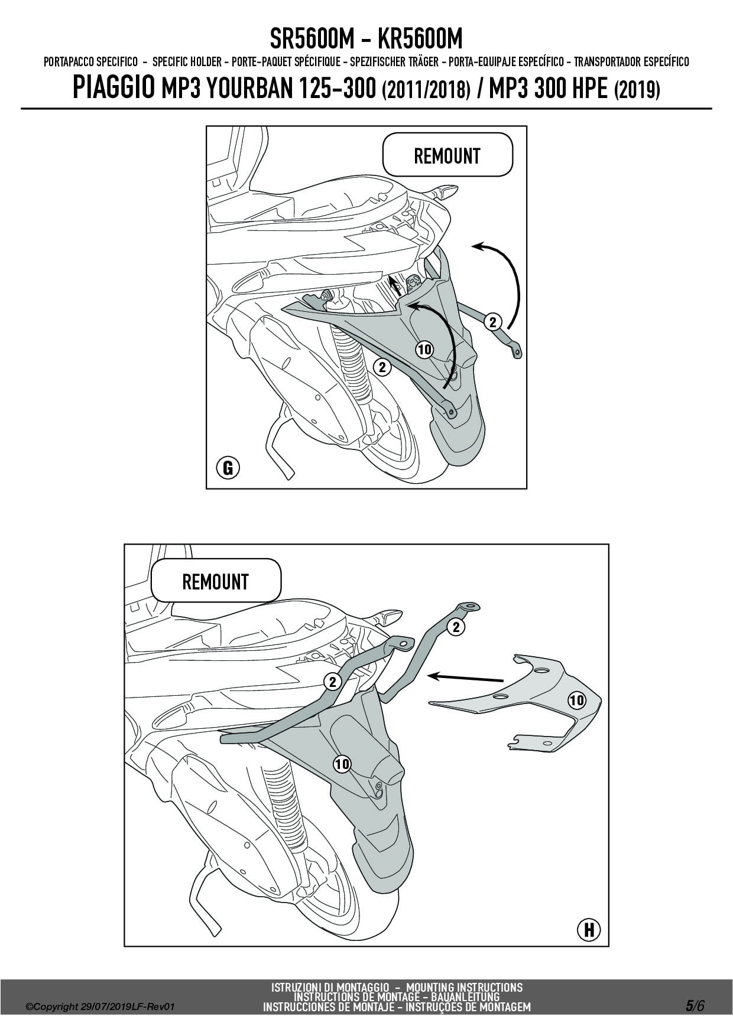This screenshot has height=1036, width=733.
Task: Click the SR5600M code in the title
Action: [312, 40]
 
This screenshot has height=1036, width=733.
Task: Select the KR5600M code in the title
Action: [420, 40]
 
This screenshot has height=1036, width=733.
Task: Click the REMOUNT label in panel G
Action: [447, 156]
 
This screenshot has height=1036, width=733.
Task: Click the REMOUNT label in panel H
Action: [215, 581]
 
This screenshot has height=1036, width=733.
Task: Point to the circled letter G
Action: [228, 468]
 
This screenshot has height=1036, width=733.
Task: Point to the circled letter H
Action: [588, 930]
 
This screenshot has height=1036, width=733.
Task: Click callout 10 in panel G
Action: [424, 350]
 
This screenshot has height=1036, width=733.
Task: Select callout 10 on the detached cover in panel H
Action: [576, 701]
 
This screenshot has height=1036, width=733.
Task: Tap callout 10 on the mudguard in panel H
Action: [342, 764]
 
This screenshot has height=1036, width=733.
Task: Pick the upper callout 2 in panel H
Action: [456, 627]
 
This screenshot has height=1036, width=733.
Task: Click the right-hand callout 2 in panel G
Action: [492, 322]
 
